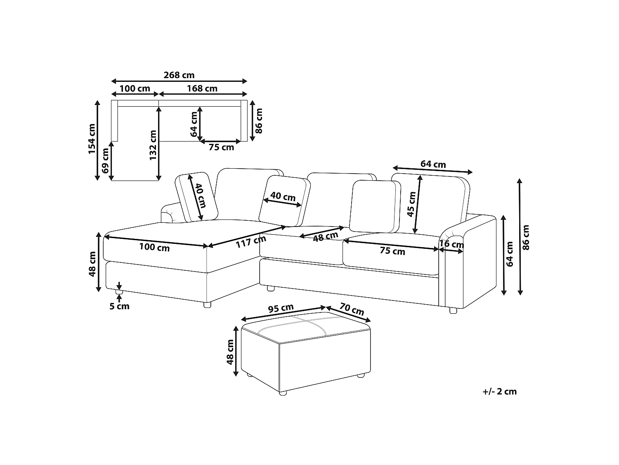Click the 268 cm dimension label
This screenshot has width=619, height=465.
pyautogui.click(x=179, y=75)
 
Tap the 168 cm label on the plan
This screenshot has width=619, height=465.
pyautogui.click(x=202, y=88)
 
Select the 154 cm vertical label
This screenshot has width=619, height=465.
pyautogui.click(x=92, y=139)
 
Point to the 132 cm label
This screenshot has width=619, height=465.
pyautogui.click(x=153, y=145)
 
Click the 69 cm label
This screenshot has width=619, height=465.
pyautogui.click(x=105, y=161)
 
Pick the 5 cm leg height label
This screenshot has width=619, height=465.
pyautogui.click(x=120, y=306)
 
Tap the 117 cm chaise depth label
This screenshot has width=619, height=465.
pyautogui.click(x=251, y=241)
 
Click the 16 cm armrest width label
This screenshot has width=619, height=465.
pyautogui.click(x=451, y=244)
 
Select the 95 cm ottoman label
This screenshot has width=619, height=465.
pyautogui.click(x=281, y=308)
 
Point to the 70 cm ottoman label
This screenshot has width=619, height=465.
pyautogui.click(x=352, y=309)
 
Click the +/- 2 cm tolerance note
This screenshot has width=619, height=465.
pyautogui.click(x=500, y=391)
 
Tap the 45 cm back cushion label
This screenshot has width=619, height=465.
pyautogui.click(x=412, y=204)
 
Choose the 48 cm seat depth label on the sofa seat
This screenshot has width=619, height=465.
pyautogui.click(x=326, y=236)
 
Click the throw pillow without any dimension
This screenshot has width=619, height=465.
pyautogui.click(x=375, y=206)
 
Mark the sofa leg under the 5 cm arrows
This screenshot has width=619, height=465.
pyautogui.click(x=119, y=292)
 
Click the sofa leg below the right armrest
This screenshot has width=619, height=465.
pyautogui.click(x=453, y=310)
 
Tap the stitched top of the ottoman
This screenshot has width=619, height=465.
pyautogui.click(x=306, y=327)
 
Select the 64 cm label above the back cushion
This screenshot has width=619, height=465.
pyautogui.click(x=433, y=164)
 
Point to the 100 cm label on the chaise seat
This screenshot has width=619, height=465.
pyautogui.click(x=154, y=247)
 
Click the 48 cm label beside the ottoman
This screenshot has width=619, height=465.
pyautogui.click(x=230, y=352)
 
